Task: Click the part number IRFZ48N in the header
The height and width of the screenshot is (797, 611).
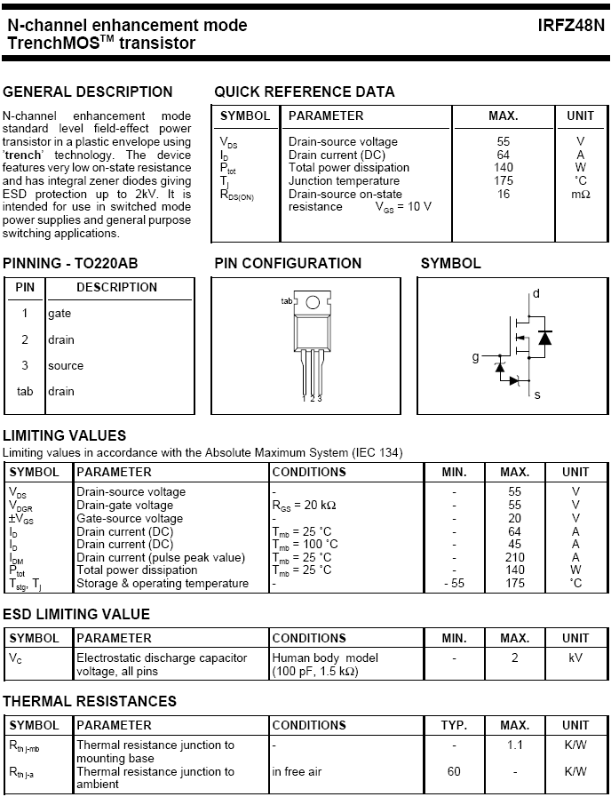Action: click(570, 26)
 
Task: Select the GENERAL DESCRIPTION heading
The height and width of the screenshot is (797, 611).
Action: click(88, 92)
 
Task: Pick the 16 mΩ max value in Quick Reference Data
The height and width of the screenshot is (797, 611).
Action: click(504, 194)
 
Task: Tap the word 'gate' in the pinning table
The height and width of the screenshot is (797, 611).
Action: click(60, 314)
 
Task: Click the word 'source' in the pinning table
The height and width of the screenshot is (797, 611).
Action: click(66, 365)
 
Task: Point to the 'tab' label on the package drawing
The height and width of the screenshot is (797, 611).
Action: click(287, 301)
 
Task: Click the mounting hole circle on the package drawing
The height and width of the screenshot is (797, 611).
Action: click(312, 302)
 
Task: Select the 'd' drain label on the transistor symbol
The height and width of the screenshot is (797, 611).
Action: click(536, 294)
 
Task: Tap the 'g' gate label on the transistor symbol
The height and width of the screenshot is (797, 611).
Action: click(475, 357)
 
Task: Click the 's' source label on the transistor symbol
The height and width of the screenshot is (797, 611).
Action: click(536, 395)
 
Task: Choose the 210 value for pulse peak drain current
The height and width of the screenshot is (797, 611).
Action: click(514, 557)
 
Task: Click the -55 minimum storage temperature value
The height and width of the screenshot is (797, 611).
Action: click(454, 584)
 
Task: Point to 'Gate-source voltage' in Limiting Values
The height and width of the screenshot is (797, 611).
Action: click(130, 518)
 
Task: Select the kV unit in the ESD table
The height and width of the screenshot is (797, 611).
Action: click(575, 658)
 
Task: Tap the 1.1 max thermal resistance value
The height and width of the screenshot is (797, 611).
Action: click(514, 745)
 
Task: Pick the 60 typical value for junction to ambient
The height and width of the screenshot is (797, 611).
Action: click(454, 771)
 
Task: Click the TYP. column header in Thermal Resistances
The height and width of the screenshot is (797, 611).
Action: click(454, 725)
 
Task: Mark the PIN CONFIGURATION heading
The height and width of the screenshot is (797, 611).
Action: click(288, 263)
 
